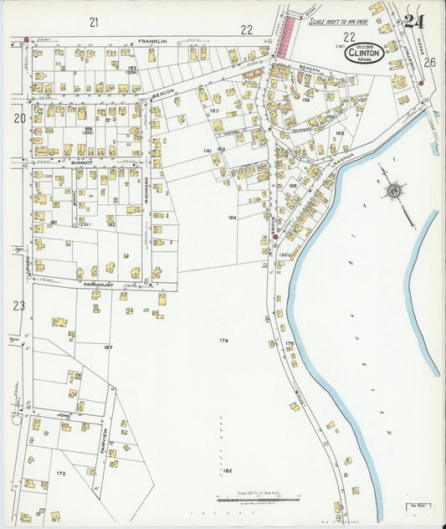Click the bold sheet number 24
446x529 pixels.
click(x=413, y=21)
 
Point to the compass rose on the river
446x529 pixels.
click(x=392, y=192)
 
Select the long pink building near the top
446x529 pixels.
click(x=286, y=34)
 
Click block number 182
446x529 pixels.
click(x=228, y=471)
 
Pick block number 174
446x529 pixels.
click(x=223, y=341)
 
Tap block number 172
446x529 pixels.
click(x=60, y=474)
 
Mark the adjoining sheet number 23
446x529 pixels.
click(x=18, y=306)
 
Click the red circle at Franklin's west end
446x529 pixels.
click(x=26, y=39)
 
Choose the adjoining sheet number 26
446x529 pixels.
click(x=429, y=62)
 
